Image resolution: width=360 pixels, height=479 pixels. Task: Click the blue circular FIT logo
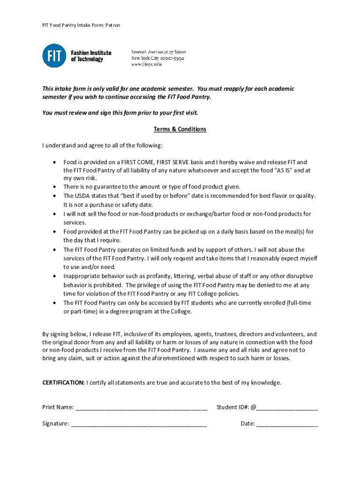[54, 56]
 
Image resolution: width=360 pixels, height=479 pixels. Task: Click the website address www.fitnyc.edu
[146, 65]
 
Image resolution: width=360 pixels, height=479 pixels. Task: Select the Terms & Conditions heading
[180, 129]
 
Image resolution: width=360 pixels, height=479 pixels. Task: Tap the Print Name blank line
[141, 408]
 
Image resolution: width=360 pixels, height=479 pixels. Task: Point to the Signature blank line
[139, 425]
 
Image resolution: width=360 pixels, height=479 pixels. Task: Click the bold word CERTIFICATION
[64, 383]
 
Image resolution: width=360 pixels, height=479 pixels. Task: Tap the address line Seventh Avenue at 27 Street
[158, 52]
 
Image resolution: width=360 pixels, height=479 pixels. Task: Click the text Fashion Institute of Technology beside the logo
[91, 56]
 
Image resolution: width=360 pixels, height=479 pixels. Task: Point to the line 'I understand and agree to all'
[102, 145]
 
